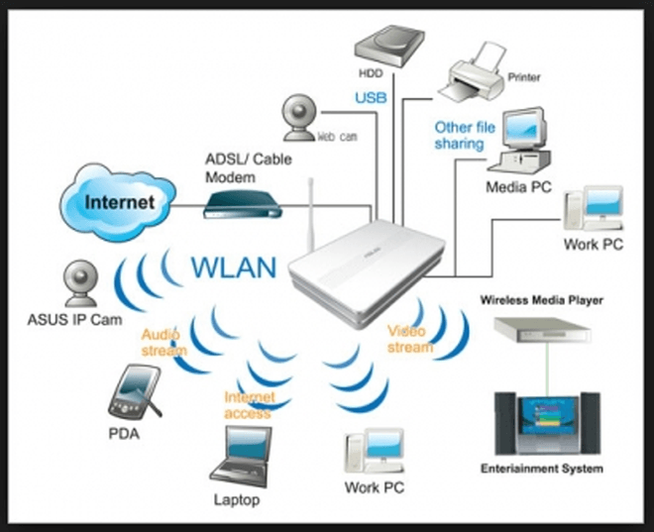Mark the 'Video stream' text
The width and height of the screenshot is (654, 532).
tap(409, 339)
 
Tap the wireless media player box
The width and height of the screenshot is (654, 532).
tap(545, 335)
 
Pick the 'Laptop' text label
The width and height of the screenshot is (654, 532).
tap(237, 499)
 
